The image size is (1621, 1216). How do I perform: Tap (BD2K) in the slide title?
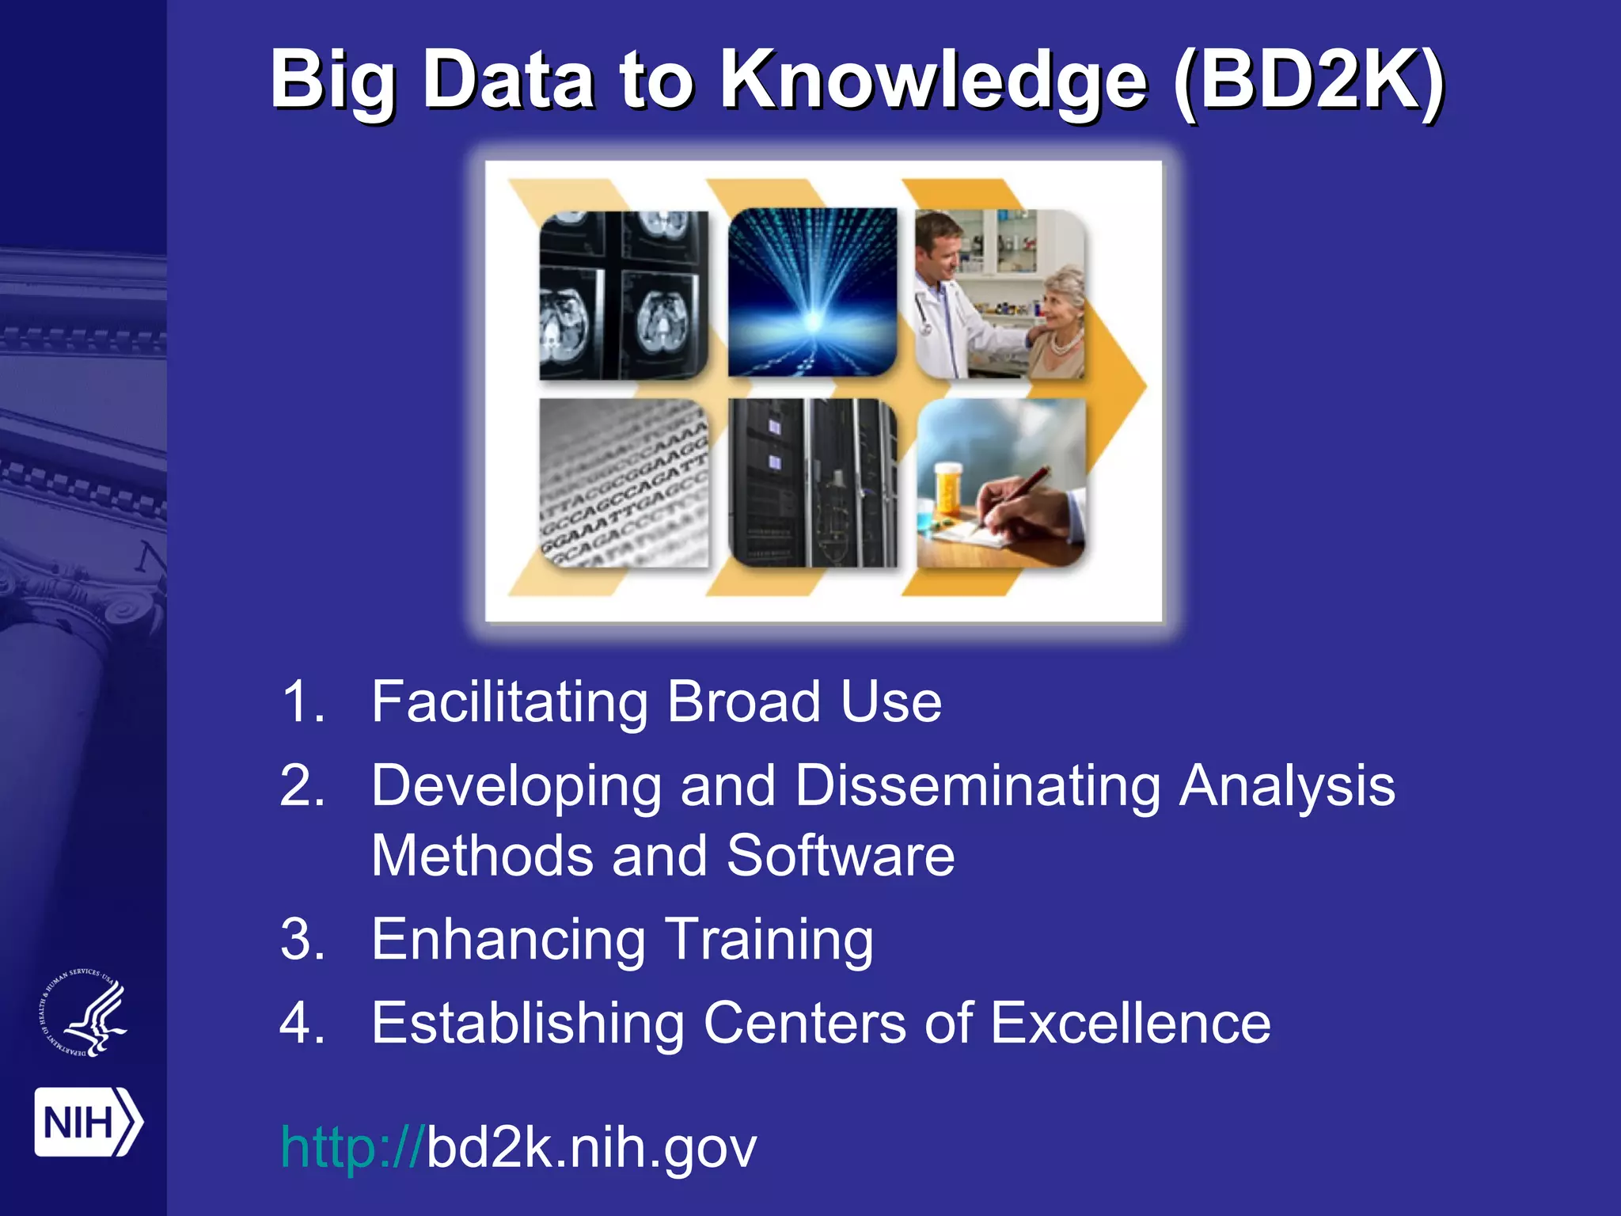[1309, 81]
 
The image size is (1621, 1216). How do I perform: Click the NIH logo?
[87, 1122]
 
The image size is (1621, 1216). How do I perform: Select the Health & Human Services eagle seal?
[84, 1013]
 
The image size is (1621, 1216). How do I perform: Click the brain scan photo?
[623, 294]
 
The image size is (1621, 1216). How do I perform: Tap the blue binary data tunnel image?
[812, 292]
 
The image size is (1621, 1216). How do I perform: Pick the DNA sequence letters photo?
[623, 482]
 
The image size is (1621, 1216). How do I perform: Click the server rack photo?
[812, 482]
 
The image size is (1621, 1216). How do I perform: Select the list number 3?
[302, 940]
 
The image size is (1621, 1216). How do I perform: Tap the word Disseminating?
[977, 786]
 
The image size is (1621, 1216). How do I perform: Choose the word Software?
[841, 856]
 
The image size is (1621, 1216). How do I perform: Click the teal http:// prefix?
[352, 1147]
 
